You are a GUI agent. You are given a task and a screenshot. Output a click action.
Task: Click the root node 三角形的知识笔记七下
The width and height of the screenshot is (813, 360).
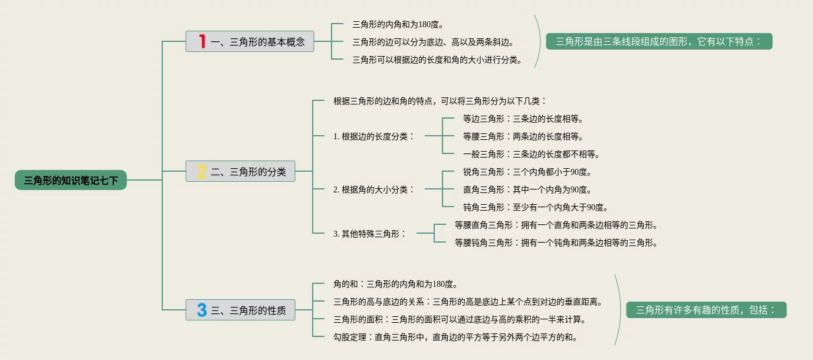[71, 180]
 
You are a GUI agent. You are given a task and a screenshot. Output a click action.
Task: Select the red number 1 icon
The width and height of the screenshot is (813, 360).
[202, 41]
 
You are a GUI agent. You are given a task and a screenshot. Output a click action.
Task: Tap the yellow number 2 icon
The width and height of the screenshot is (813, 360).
[202, 172]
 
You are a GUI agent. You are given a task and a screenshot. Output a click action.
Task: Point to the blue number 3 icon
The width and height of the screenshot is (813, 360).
[202, 310]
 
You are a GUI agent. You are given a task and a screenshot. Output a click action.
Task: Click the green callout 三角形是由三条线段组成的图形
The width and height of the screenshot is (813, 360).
[658, 41]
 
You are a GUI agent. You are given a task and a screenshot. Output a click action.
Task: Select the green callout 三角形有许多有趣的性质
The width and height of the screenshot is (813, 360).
[706, 310]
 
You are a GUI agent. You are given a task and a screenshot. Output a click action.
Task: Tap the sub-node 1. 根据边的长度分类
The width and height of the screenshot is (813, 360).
[373, 136]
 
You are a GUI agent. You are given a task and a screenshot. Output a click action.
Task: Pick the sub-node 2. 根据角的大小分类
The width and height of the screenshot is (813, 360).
[373, 189]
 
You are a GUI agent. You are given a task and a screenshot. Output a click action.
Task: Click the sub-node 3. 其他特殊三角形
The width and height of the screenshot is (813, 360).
[369, 233]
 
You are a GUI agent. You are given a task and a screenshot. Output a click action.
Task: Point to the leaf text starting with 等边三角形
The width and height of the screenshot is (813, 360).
[523, 119]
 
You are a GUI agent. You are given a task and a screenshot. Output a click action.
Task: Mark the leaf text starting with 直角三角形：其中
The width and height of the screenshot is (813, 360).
[527, 189]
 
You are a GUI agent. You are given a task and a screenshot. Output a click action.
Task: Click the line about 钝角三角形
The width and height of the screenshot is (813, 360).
[535, 207]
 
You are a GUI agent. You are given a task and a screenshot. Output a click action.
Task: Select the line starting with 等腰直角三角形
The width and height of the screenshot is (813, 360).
[556, 225]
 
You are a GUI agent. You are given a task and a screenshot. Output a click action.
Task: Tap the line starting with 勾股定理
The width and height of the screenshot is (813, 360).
[455, 337]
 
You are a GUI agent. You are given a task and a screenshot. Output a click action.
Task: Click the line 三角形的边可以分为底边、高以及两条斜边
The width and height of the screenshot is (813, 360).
[432, 42]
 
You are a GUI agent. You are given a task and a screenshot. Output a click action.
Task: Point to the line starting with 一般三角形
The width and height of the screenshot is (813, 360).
[531, 154]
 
